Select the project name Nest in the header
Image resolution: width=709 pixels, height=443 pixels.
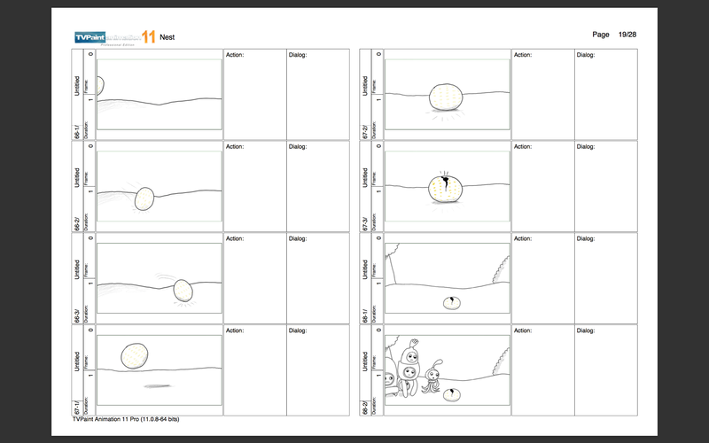click(167, 37)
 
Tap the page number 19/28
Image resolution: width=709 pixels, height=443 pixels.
click(627, 34)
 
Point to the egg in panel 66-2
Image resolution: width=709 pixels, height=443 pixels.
click(144, 198)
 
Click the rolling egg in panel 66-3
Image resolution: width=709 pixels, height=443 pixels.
click(183, 290)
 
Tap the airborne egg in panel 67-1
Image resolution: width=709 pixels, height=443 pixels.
click(133, 355)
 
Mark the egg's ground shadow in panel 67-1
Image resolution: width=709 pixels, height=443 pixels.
click(156, 385)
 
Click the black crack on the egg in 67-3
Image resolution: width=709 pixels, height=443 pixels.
click(440, 184)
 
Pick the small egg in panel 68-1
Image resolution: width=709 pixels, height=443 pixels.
click(451, 303)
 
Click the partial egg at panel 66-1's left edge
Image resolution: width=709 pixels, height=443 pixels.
click(100, 86)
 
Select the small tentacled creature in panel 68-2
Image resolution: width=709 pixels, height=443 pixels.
click(434, 376)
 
